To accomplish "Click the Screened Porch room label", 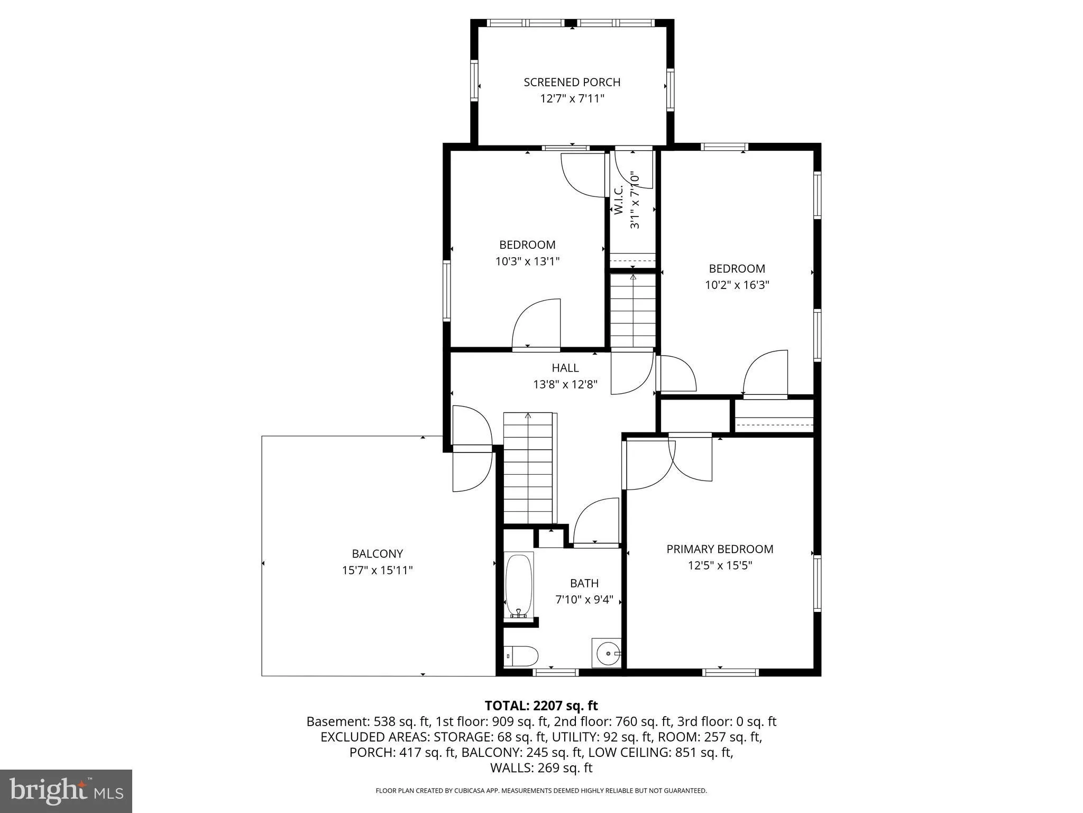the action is point(572,82).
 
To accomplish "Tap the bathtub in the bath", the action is point(519,585).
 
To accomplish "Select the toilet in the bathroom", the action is point(521,656).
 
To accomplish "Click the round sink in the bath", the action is point(608,653).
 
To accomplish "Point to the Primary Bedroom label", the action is point(720,549).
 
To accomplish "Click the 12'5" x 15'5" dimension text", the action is point(720,565).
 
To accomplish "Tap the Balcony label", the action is point(378,554).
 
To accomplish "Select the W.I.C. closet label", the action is point(619,200).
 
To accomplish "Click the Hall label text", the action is point(565,367).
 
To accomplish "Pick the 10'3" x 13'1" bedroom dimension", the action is point(527,261).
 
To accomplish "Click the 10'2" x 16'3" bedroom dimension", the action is point(737,285).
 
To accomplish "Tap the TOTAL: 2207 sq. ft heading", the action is point(541,706).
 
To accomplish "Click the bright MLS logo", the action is point(66,790).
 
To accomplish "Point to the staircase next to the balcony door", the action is point(528,468).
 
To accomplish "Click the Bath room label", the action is point(584,583).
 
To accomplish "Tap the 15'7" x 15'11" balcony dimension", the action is point(377,570).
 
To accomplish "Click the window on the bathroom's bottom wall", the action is point(555,672).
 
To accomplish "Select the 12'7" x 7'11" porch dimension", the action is point(572,98).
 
